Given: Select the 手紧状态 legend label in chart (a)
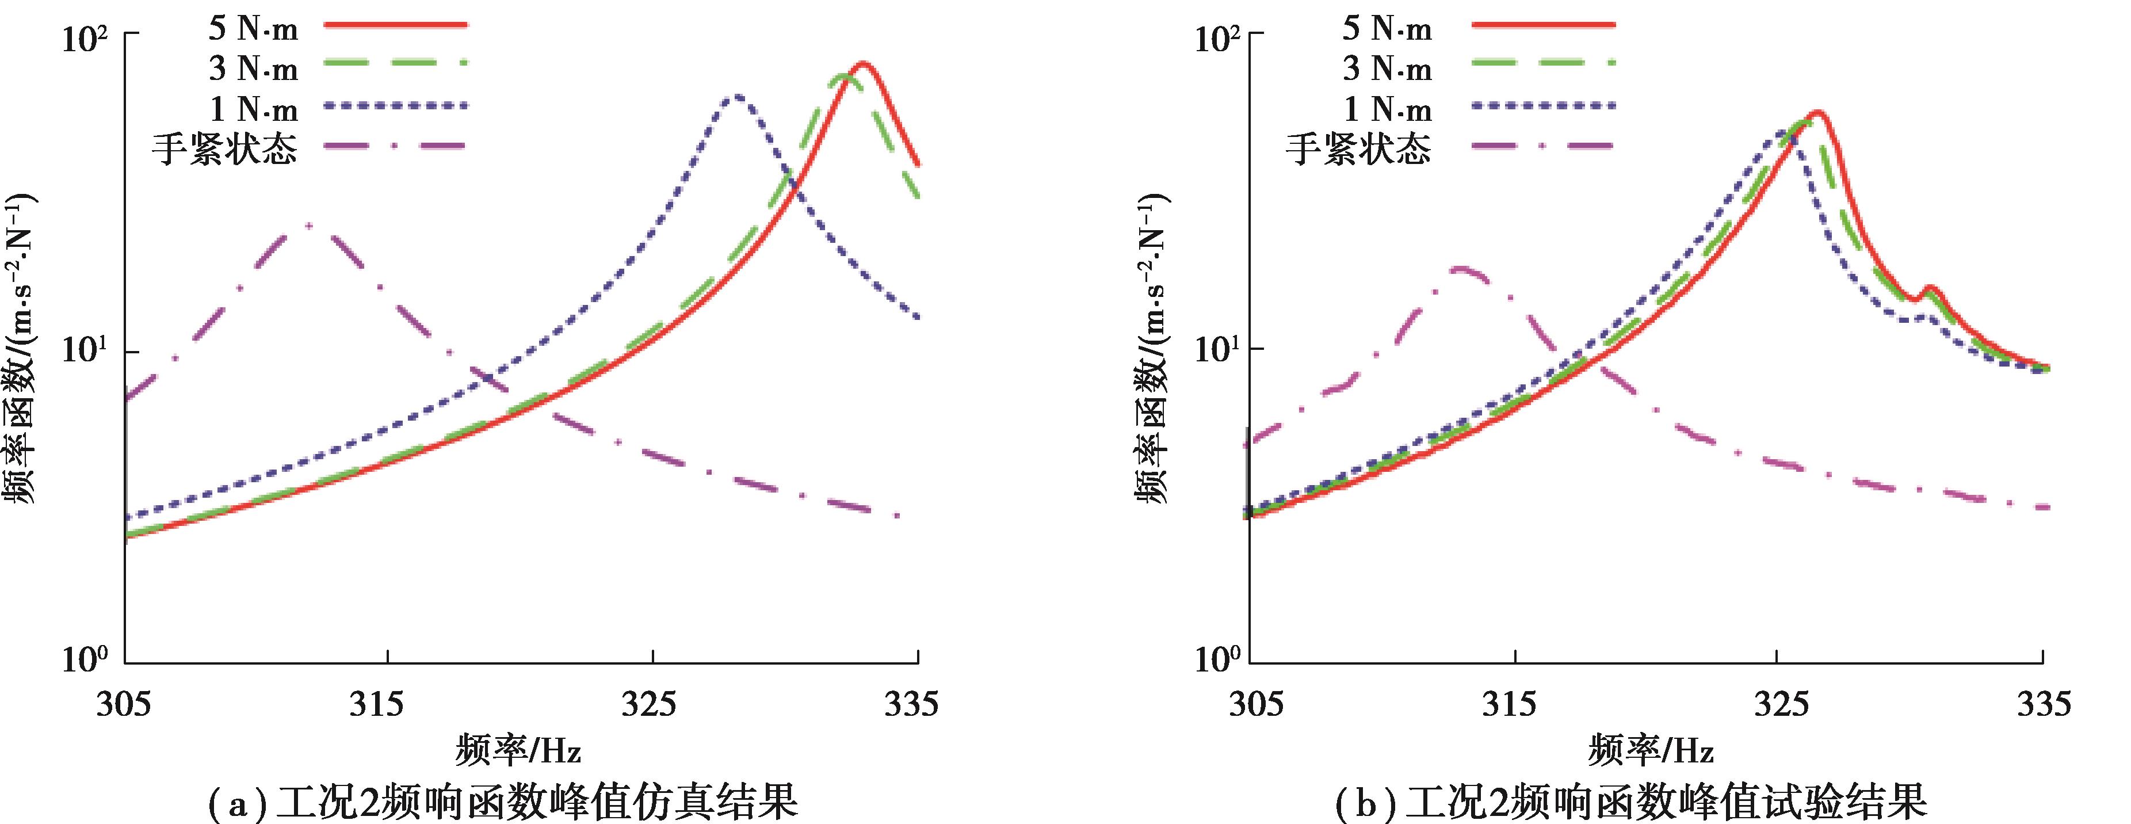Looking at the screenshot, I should [x=224, y=150].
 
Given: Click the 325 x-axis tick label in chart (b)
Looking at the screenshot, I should [x=1777, y=704].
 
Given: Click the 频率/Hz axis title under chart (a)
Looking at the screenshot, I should [x=518, y=752].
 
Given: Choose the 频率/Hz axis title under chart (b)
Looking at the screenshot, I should [x=1651, y=752].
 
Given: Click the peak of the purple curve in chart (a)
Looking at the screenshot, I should [x=308, y=225].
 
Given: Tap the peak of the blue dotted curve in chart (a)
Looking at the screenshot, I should [x=735, y=96].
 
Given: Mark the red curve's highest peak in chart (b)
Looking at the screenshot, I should [x=1817, y=113].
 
